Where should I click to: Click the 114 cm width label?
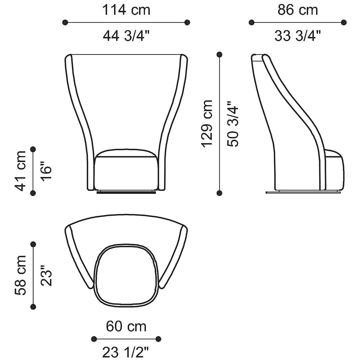[x=126, y=10]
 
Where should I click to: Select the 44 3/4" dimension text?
[x=126, y=36]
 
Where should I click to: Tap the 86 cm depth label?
[x=298, y=10]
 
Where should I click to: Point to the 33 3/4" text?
[x=298, y=36]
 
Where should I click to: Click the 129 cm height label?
[x=207, y=124]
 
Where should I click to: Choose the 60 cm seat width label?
[x=126, y=326]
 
